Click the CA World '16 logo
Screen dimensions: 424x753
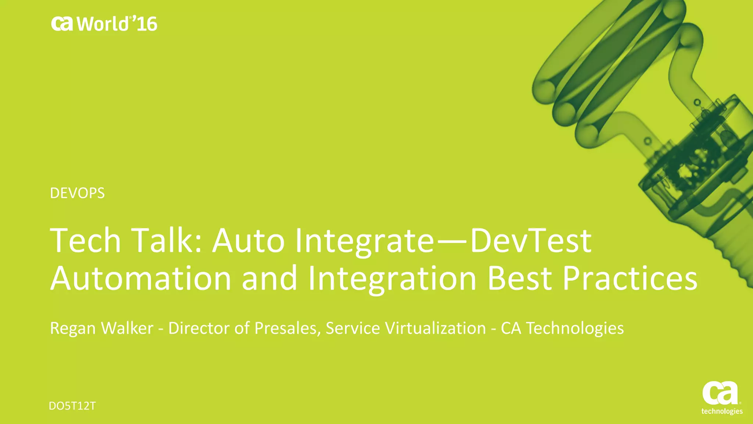[104, 24]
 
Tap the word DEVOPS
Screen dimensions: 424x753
[77, 193]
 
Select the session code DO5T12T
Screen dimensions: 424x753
[72, 406]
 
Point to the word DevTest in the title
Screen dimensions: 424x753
[531, 241]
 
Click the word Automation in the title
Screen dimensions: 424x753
[141, 278]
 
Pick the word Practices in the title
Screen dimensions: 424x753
[629, 278]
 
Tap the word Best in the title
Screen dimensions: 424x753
[519, 278]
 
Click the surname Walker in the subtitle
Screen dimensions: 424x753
[127, 328]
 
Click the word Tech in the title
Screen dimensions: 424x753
[85, 241]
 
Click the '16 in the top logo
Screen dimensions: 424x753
[144, 24]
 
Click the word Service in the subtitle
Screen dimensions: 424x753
[353, 328]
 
